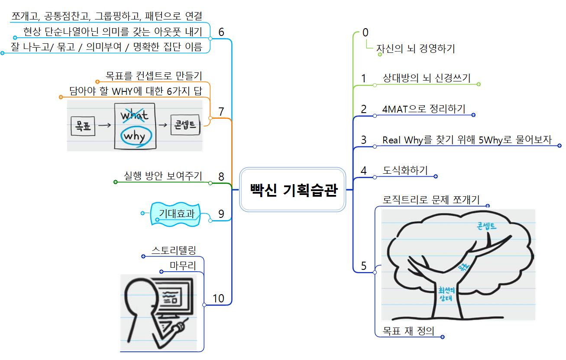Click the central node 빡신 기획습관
click(x=293, y=190)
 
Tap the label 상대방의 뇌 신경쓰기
click(x=426, y=78)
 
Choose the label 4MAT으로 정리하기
click(x=424, y=108)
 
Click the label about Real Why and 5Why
click(x=467, y=139)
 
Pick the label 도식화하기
click(x=405, y=170)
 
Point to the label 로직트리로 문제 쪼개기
click(x=431, y=200)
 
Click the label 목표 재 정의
click(x=408, y=331)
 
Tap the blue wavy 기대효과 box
click(x=176, y=214)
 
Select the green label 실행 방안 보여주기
click(x=163, y=176)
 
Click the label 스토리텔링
click(x=174, y=250)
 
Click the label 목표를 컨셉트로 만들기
click(x=154, y=76)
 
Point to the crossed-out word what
click(x=134, y=116)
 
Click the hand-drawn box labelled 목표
click(x=83, y=126)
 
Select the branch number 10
click(x=218, y=298)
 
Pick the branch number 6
click(x=221, y=32)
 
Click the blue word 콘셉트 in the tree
click(x=486, y=226)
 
